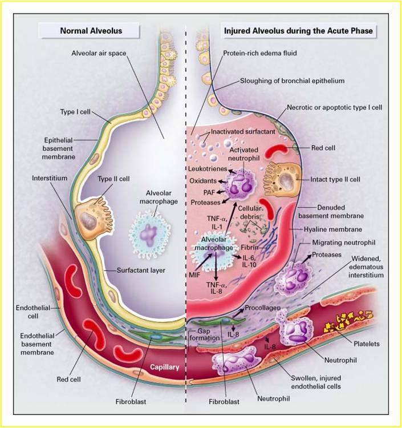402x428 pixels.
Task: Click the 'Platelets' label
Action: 366,344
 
